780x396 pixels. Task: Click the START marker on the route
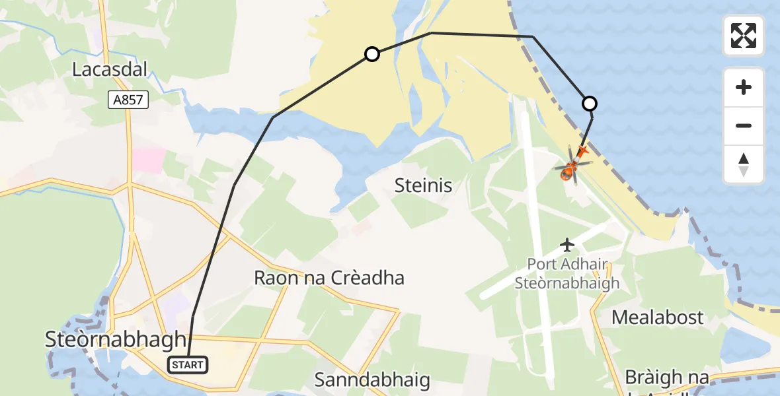tap(188, 364)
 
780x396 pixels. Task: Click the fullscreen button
tap(744, 36)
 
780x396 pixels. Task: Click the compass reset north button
tap(744, 164)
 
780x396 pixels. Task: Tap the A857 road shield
tap(129, 100)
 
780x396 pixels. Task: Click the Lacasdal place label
tap(109, 69)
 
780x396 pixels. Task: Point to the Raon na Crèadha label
tap(329, 278)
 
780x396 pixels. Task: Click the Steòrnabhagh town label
tap(116, 340)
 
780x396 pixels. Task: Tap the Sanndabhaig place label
tap(372, 380)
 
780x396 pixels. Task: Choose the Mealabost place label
tap(658, 317)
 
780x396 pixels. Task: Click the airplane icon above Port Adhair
tap(567, 245)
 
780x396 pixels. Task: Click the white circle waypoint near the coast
tap(589, 104)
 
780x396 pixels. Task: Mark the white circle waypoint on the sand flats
tap(372, 54)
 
